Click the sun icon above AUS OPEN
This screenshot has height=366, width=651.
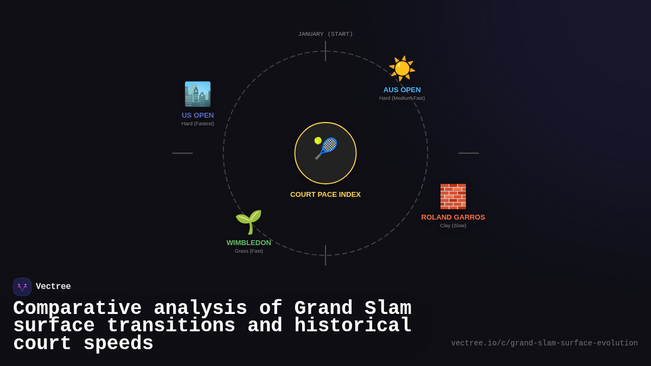(x=402, y=69)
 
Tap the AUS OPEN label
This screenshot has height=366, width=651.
(x=402, y=90)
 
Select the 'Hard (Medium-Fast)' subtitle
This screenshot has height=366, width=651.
(x=402, y=98)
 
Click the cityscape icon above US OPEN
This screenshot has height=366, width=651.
(x=197, y=94)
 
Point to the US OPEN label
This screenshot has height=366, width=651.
(x=197, y=115)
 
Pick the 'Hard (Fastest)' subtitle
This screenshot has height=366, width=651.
(x=197, y=124)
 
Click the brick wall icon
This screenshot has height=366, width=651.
(x=453, y=196)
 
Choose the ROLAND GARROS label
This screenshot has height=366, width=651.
(x=453, y=217)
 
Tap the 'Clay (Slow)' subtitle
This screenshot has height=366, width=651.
(x=453, y=226)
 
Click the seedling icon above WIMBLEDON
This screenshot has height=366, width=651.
(x=248, y=222)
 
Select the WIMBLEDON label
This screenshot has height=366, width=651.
(x=248, y=243)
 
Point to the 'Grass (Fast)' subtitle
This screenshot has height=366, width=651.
(x=248, y=251)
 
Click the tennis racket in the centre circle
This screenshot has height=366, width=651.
(x=325, y=148)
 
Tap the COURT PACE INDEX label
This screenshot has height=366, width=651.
(x=325, y=195)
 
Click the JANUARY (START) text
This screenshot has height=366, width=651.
(x=325, y=34)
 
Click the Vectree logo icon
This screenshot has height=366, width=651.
(x=22, y=287)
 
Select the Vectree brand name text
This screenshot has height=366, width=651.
(x=53, y=287)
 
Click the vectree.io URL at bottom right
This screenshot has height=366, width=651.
(x=544, y=343)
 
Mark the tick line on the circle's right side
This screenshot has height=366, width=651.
(x=468, y=153)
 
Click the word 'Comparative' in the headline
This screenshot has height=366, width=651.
(x=77, y=309)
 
